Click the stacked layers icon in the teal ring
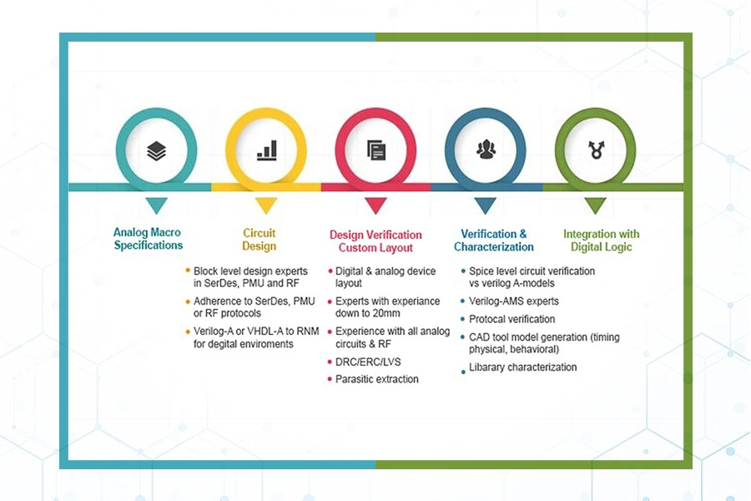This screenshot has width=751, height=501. pyautogui.click(x=156, y=151)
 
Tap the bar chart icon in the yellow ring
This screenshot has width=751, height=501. pyautogui.click(x=267, y=150)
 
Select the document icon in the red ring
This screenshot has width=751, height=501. pyautogui.click(x=376, y=150)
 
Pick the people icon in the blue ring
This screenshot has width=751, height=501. pyautogui.click(x=486, y=149)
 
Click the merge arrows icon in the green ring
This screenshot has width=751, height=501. pyautogui.click(x=597, y=149)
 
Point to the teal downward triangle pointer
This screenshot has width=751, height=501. pyautogui.click(x=156, y=205)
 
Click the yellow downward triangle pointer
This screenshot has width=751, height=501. pyautogui.click(x=266, y=205)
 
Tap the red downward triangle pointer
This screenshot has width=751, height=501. pyautogui.click(x=376, y=205)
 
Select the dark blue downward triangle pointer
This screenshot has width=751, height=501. pyautogui.click(x=485, y=205)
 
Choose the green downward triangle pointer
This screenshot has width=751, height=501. pyautogui.click(x=595, y=205)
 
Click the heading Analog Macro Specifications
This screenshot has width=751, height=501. pyautogui.click(x=148, y=239)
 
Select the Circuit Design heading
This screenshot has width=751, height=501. pyautogui.click(x=260, y=240)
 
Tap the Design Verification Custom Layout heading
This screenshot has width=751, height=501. pyautogui.click(x=376, y=241)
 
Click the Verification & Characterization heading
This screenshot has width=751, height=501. pyautogui.click(x=494, y=240)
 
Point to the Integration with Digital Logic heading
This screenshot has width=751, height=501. pyautogui.click(x=601, y=240)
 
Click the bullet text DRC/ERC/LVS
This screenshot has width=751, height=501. pyautogui.click(x=368, y=362)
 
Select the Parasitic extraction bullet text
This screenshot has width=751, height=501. pyautogui.click(x=377, y=379)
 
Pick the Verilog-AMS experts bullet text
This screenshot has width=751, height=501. pyautogui.click(x=514, y=301)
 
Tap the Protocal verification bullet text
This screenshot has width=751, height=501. pyautogui.click(x=512, y=319)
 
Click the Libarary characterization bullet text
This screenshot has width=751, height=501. pyautogui.click(x=523, y=367)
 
